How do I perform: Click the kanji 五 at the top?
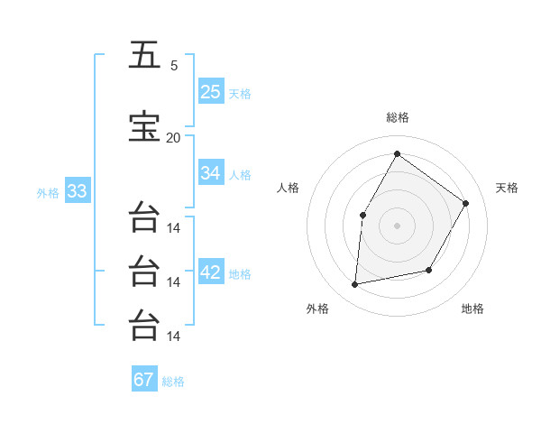pyautogui.click(x=144, y=55)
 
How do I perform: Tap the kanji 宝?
pyautogui.click(x=144, y=127)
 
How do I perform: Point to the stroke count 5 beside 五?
pyautogui.click(x=174, y=65)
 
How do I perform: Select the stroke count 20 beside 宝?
pyautogui.click(x=173, y=137)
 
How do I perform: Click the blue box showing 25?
pyautogui.click(x=211, y=91)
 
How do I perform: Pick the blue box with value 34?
pyautogui.click(x=211, y=173)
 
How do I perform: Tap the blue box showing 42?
pyautogui.click(x=211, y=272)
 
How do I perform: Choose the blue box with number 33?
pyautogui.click(x=77, y=191)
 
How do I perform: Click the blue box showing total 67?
pyautogui.click(x=144, y=380)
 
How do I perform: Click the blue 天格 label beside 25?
pyautogui.click(x=239, y=94)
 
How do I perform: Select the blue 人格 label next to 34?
pyautogui.click(x=239, y=175)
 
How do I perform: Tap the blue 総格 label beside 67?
pyautogui.click(x=173, y=382)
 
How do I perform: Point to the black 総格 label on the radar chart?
pyautogui.click(x=397, y=118)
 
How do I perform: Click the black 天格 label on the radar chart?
pyautogui.click(x=507, y=188)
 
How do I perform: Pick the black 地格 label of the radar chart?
pyautogui.click(x=472, y=309)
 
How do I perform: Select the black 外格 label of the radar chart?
pyautogui.click(x=317, y=309)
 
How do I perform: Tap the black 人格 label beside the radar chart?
pyautogui.click(x=288, y=188)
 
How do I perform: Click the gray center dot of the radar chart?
pyautogui.click(x=397, y=225)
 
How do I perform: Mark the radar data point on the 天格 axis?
pyautogui.click(x=465, y=203)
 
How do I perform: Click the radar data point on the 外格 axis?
pyautogui.click(x=355, y=284)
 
